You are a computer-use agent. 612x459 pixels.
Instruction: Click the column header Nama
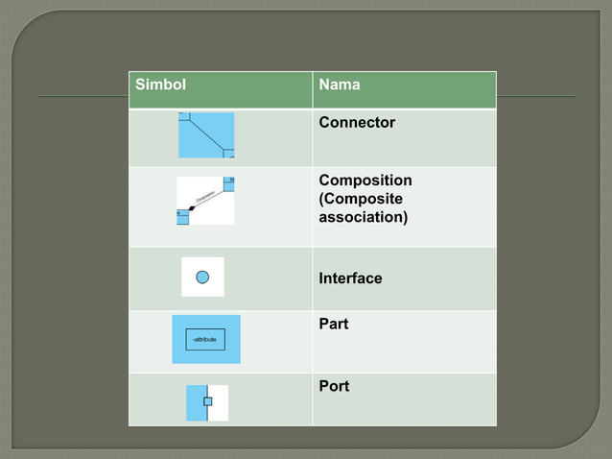pos(340,85)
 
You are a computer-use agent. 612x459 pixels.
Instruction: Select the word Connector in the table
pos(357,123)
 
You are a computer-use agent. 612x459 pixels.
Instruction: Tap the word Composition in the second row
pos(365,181)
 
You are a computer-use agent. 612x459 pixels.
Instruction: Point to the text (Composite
pos(361,199)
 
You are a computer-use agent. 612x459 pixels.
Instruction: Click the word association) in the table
pos(363,217)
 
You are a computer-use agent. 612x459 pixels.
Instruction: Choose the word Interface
pos(350,278)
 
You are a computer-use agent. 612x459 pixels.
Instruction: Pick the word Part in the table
pos(333,325)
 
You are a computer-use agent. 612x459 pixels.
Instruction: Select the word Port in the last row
pos(334,386)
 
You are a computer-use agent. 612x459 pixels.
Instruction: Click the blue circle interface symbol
pos(202,277)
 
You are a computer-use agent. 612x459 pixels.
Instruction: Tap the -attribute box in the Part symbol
pos(204,340)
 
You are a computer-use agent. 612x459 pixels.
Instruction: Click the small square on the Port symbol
pos(207,401)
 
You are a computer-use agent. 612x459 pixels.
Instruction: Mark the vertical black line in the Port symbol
pos(207,413)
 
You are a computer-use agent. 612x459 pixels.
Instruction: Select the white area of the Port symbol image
pos(219,403)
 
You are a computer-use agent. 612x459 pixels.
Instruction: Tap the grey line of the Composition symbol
pos(209,198)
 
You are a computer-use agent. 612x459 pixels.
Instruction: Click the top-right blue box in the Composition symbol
pos(228,182)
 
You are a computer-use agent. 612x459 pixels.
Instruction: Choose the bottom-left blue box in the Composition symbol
pos(182,218)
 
